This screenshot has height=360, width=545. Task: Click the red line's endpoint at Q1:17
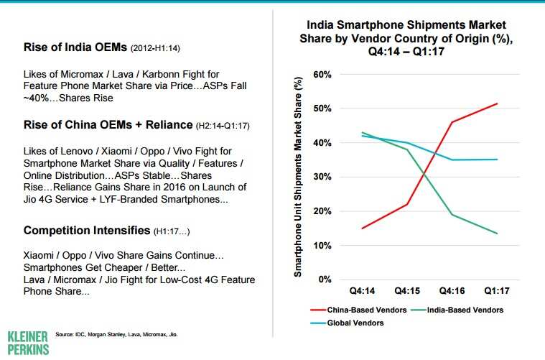[497, 103]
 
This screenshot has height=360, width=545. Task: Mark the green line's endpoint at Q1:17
[497, 233]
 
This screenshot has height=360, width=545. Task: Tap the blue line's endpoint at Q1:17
[497, 160]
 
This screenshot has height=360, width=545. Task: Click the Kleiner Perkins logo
[28, 343]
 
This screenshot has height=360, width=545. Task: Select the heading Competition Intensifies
[86, 231]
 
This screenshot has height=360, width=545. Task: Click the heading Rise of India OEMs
[75, 48]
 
